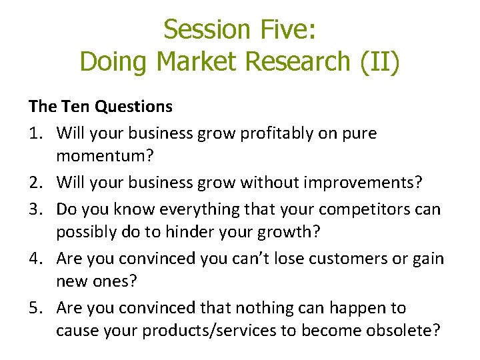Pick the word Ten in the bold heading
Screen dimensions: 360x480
tap(75, 106)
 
